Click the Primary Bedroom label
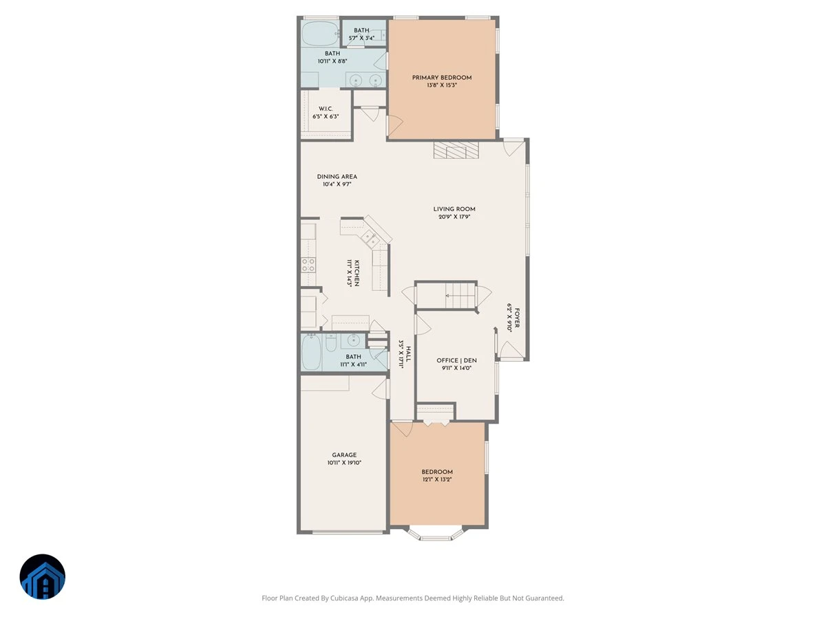point(441,78)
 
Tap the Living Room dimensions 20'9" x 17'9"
point(454,217)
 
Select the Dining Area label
point(337,177)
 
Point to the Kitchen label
point(357,273)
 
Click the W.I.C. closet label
point(326,109)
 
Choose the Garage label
point(344,455)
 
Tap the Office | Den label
point(456,360)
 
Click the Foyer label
point(517,318)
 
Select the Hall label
point(409,354)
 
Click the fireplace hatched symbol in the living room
point(456,150)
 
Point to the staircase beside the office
point(445,296)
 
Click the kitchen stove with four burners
point(308,265)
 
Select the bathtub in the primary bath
point(321,34)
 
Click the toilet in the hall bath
point(331,343)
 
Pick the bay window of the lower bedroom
point(436,534)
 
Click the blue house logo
point(43,576)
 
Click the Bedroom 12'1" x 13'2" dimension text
point(436,479)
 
